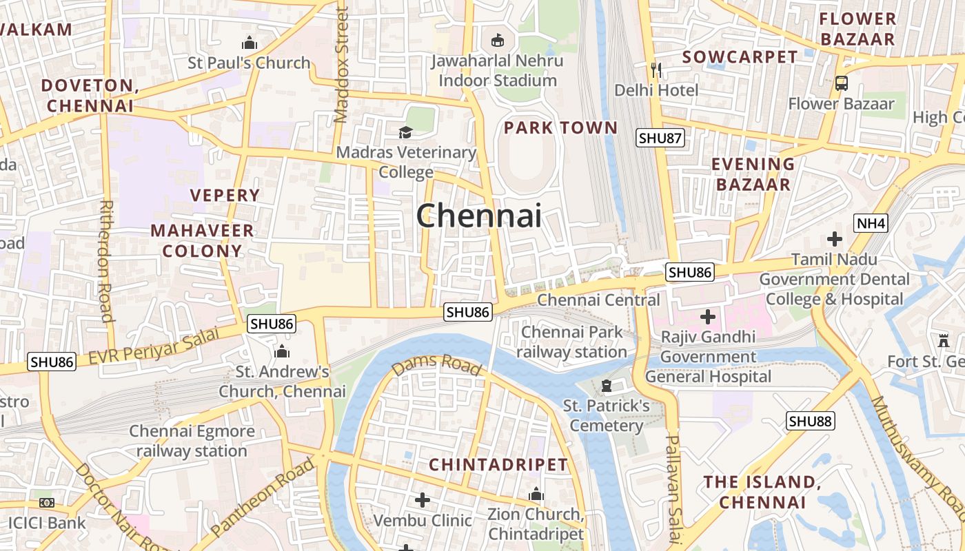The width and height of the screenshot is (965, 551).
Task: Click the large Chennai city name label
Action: pyautogui.click(x=478, y=216)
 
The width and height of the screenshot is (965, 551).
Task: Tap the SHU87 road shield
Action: pyautogui.click(x=660, y=138)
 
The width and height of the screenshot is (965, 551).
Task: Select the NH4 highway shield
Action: pyautogui.click(x=871, y=223)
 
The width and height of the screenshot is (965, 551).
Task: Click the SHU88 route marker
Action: pyautogui.click(x=811, y=421)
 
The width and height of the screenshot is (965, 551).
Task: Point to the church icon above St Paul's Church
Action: pyautogui.click(x=250, y=43)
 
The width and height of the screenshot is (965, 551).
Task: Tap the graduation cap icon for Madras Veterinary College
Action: pyautogui.click(x=405, y=132)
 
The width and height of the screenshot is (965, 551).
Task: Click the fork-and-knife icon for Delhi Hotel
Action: pyautogui.click(x=656, y=70)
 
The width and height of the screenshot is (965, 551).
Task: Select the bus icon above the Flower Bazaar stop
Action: pyautogui.click(x=841, y=83)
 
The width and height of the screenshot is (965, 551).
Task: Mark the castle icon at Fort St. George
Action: pyautogui.click(x=943, y=340)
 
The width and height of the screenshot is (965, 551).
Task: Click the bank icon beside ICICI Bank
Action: pyautogui.click(x=47, y=503)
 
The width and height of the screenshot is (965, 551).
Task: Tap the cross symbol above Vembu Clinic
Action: pyautogui.click(x=423, y=499)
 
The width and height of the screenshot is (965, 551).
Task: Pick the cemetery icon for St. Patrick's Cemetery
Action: pyautogui.click(x=607, y=385)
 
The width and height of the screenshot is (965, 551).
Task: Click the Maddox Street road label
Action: pyautogui.click(x=341, y=65)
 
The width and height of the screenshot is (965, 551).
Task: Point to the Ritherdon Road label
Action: pyautogui.click(x=106, y=261)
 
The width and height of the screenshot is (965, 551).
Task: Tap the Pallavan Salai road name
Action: pyautogui.click(x=673, y=488)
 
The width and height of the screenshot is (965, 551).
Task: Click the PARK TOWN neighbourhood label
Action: pyautogui.click(x=560, y=127)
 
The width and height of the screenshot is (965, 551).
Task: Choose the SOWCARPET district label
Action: pyautogui.click(x=740, y=57)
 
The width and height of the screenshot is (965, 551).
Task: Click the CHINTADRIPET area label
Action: pyautogui.click(x=498, y=465)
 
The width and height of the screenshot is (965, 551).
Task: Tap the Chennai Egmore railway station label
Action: pyautogui.click(x=192, y=441)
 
